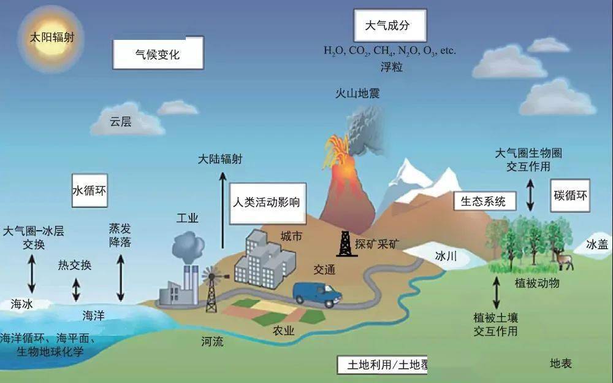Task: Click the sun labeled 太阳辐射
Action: click(51, 39)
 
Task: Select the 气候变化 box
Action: click(158, 53)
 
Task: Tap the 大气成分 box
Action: click(390, 25)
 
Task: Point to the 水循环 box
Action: click(89, 191)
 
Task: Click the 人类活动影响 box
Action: click(267, 203)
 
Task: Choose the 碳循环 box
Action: click(570, 195)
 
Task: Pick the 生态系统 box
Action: click(485, 201)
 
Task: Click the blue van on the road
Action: click(318, 294)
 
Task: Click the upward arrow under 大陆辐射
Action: click(223, 211)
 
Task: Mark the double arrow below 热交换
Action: click(76, 290)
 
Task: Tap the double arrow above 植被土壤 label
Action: click(497, 293)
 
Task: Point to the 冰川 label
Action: click(446, 257)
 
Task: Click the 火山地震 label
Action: click(357, 93)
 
